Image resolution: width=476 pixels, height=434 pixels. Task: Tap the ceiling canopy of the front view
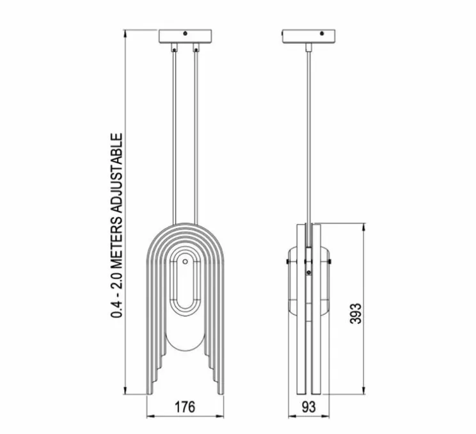pos(184,36)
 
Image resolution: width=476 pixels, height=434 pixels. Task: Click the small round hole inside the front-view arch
pos(184,261)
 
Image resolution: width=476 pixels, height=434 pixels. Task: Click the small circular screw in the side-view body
pos(309,273)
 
